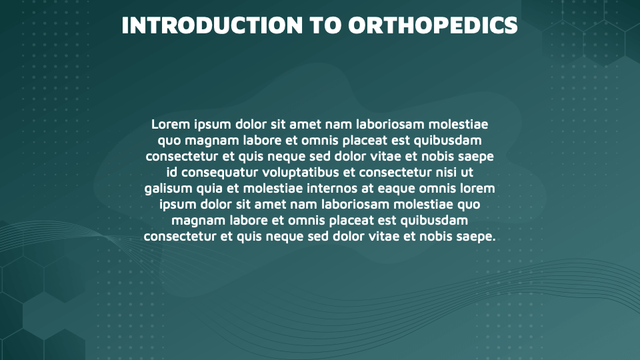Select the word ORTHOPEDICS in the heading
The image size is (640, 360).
coord(433,25)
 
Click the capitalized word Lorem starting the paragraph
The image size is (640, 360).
coord(171,125)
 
